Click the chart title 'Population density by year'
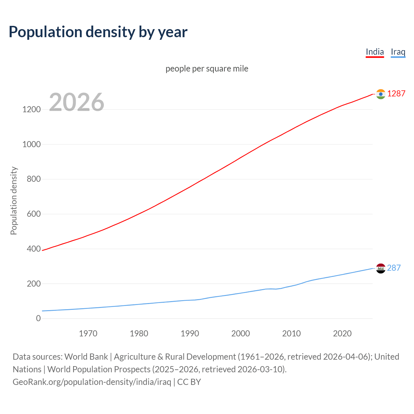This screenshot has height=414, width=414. tap(98, 32)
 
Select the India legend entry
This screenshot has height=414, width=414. tap(375, 52)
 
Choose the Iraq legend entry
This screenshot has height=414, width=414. tap(398, 52)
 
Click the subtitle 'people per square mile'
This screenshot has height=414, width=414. tap(207, 69)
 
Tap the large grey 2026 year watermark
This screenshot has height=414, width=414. tap(77, 102)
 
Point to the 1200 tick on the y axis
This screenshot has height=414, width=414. tap(31, 109)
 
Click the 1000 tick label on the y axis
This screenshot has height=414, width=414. tap(31, 144)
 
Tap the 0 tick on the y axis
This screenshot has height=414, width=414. tap(38, 318)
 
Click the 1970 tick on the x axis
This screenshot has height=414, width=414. tap(88, 333)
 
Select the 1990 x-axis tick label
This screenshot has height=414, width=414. tap(190, 333)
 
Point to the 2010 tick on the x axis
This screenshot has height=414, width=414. tap(291, 333)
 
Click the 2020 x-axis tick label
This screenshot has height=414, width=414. tap(342, 333)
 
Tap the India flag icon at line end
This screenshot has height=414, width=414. tap(381, 94)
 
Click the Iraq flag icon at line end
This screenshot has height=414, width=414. tap(381, 268)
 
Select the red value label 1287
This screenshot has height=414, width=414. tap(396, 93)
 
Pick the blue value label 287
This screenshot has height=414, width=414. tap(394, 268)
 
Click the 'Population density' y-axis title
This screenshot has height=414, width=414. tap(14, 201)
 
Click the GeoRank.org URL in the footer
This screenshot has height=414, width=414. tap(92, 382)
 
